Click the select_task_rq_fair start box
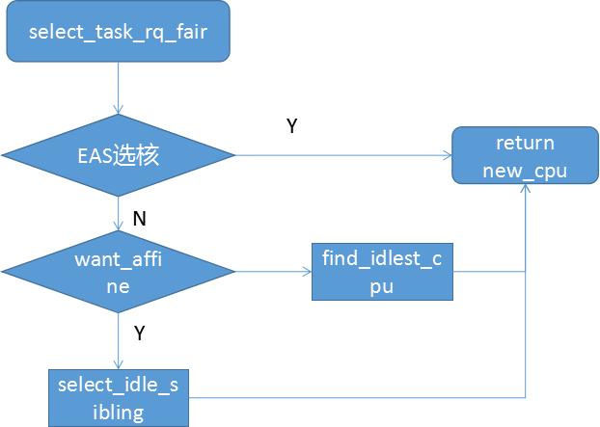(118, 32)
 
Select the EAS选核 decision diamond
(118, 154)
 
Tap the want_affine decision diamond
(118, 271)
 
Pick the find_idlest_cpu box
(381, 271)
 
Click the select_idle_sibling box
(119, 397)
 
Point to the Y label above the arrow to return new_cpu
(291, 126)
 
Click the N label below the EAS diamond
(140, 219)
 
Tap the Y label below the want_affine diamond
(140, 333)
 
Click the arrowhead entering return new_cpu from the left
(447, 154)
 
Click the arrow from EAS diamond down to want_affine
(118, 214)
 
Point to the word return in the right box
(525, 144)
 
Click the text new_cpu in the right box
(525, 171)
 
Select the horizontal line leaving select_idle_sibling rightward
(357, 396)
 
